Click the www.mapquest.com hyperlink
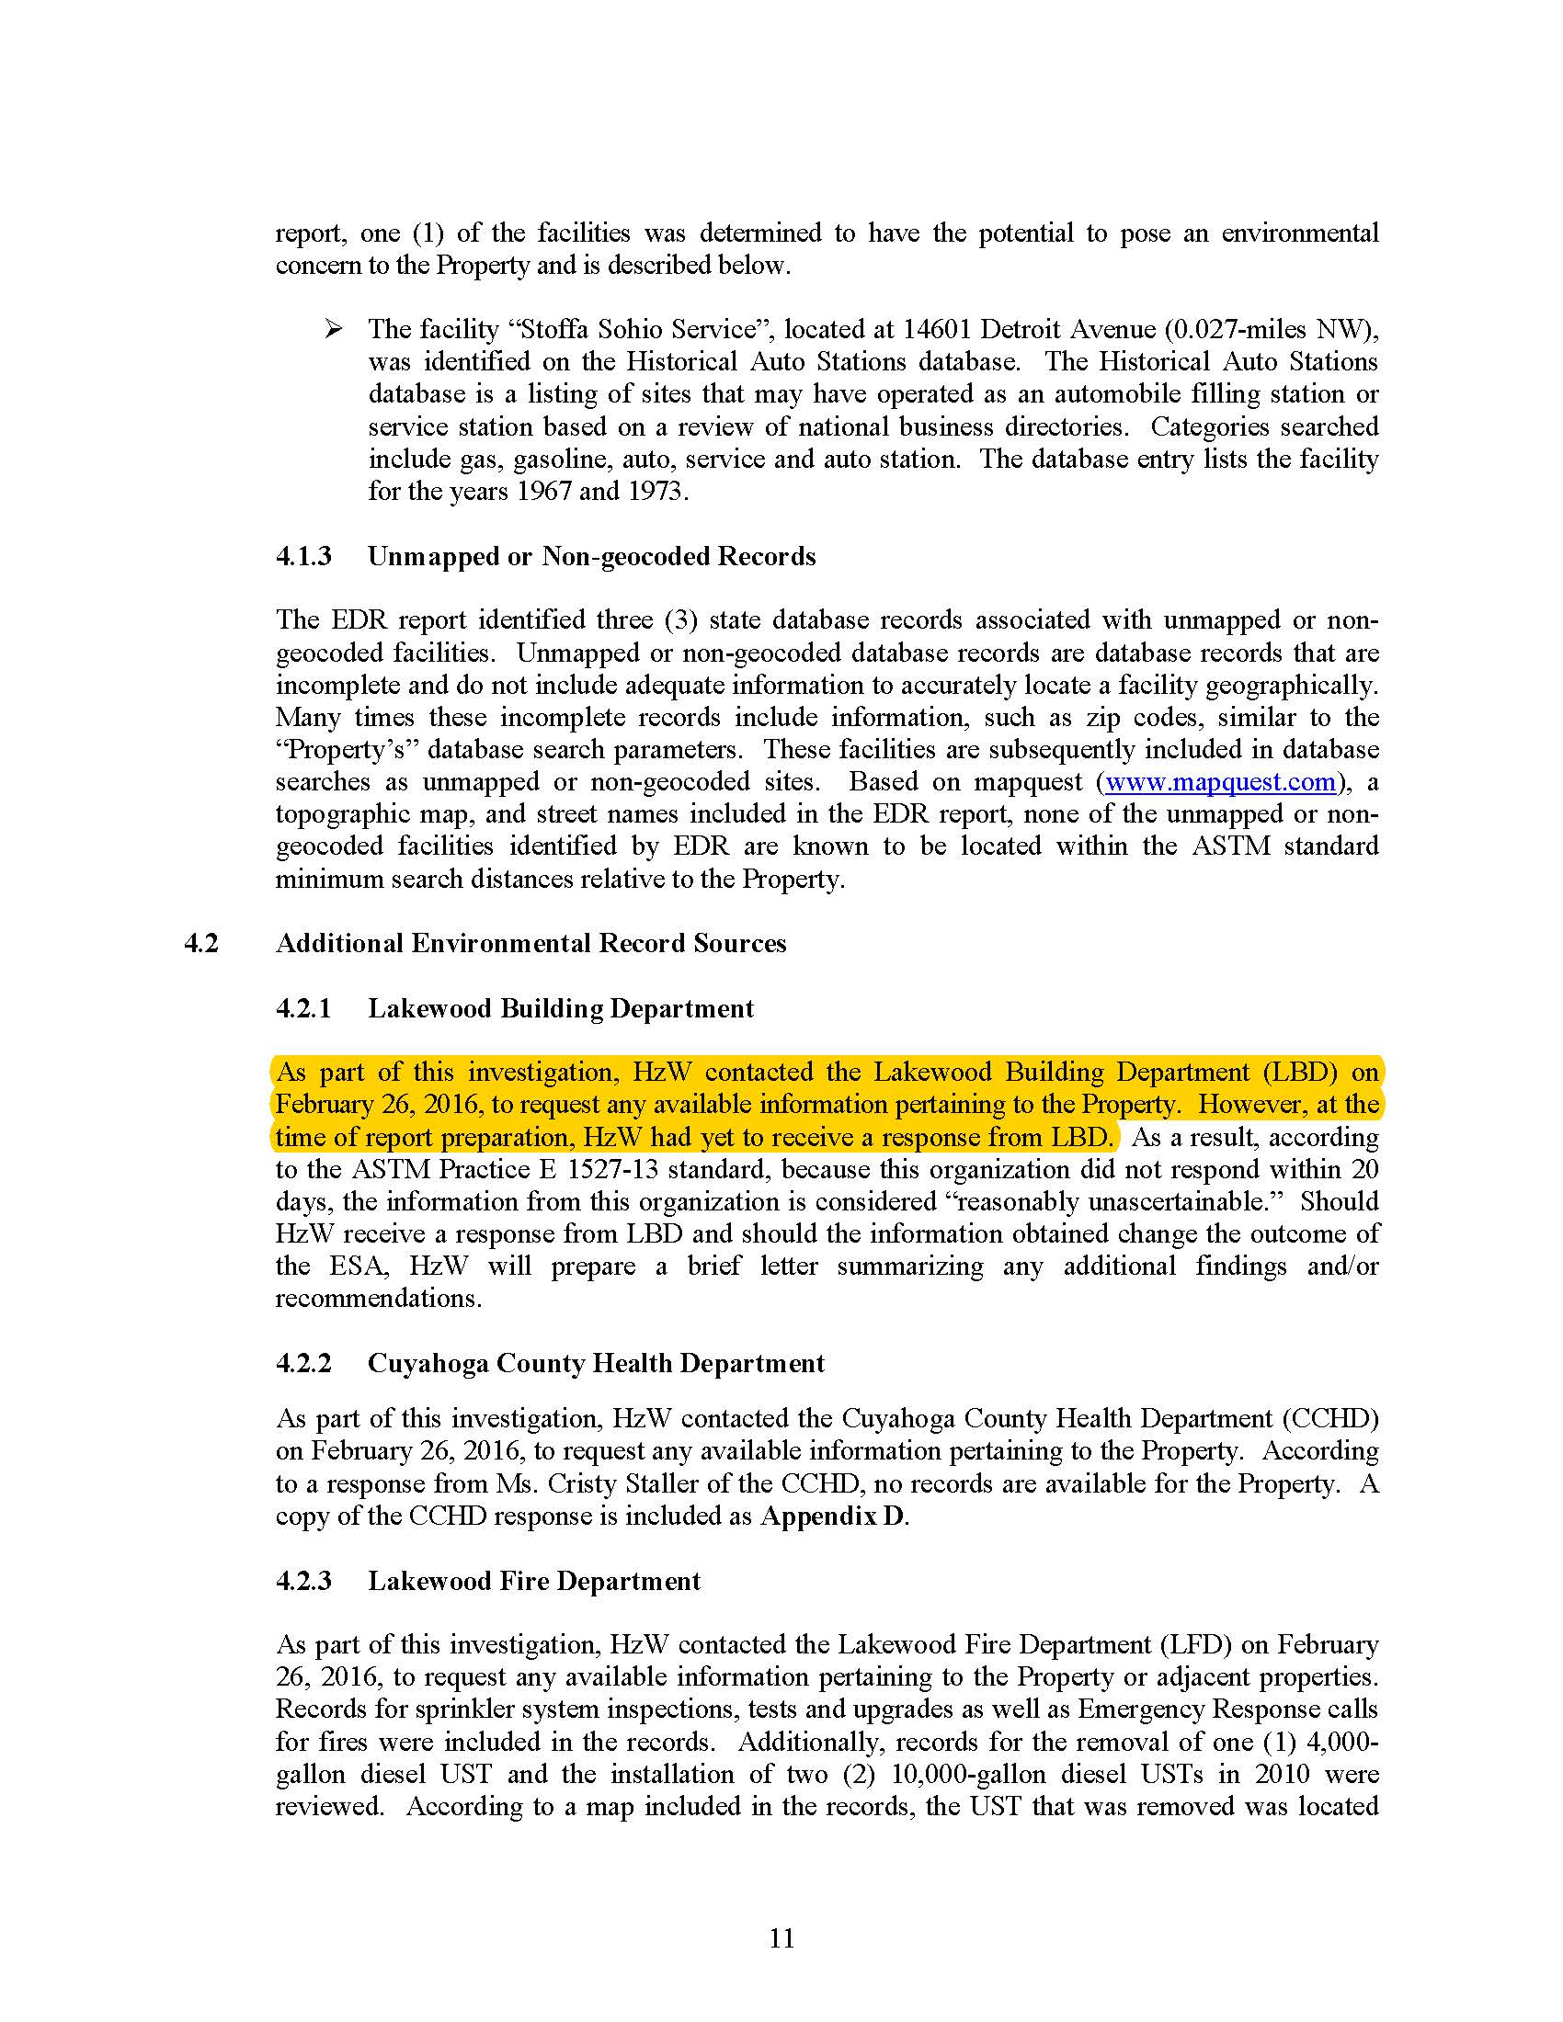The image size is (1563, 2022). [x=1220, y=782]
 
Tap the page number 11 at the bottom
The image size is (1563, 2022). [x=781, y=1937]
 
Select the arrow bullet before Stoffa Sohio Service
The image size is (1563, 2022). [x=334, y=329]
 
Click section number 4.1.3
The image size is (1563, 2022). [x=303, y=556]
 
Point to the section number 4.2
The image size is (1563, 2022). [x=202, y=943]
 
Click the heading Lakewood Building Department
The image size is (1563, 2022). [x=561, y=1008]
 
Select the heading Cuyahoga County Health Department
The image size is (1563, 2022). [x=597, y=1364]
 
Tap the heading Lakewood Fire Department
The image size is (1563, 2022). [x=534, y=1582]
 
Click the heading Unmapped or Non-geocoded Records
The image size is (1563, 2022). [x=592, y=556]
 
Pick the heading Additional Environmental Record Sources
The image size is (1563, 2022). [x=531, y=943]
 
